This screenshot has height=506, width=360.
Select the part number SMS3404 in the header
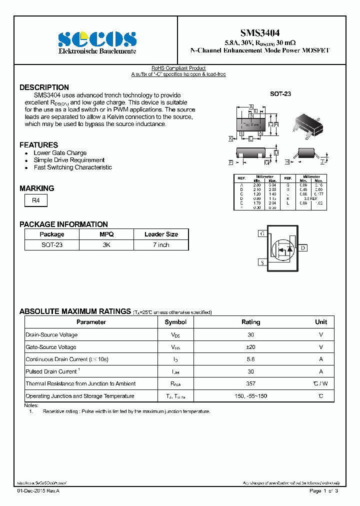[260, 33]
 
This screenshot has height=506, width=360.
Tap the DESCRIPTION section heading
[44, 87]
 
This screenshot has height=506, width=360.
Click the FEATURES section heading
[38, 145]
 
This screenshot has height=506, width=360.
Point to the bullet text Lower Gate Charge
[60, 153]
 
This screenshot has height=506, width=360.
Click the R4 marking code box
[36, 200]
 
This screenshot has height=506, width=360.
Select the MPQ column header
[106, 234]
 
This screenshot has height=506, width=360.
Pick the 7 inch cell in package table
[161, 245]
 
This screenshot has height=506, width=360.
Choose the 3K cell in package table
[106, 245]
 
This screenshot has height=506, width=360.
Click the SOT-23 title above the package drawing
[280, 94]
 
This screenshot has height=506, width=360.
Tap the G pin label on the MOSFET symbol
[262, 233]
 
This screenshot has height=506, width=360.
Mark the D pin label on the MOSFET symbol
[303, 248]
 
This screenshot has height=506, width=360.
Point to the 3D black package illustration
[310, 125]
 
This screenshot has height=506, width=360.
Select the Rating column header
[250, 322]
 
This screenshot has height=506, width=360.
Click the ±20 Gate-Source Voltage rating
[250, 347]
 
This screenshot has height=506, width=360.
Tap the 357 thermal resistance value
[250, 383]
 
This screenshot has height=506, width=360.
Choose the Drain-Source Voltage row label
[51, 335]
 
